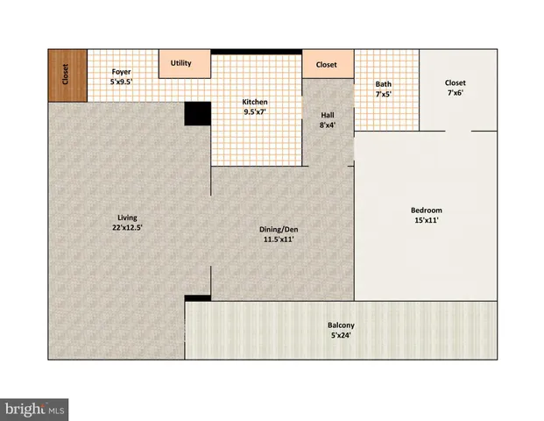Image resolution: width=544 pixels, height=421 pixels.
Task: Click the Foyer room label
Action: point(122,71)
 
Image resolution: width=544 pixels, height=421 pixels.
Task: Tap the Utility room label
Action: point(181,63)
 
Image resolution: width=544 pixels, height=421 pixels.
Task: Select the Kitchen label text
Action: point(255,102)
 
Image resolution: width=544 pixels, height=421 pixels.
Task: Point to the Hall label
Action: point(327,114)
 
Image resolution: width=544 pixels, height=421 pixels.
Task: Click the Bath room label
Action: point(384,84)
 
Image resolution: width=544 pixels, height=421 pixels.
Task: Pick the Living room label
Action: point(128,218)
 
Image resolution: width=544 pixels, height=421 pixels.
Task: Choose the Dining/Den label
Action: point(276,230)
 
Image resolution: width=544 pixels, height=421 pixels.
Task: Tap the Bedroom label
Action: point(427,210)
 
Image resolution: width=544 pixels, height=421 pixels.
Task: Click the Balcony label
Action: point(341,326)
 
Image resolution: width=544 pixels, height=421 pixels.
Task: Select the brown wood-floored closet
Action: point(67,75)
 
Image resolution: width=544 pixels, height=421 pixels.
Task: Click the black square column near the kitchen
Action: point(197,115)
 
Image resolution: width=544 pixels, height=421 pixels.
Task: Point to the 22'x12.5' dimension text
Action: point(128,227)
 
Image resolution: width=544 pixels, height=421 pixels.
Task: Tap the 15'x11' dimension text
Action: point(427,220)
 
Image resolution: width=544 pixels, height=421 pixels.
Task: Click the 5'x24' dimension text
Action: point(341,336)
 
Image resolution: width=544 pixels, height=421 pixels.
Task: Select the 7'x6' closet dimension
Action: point(456,93)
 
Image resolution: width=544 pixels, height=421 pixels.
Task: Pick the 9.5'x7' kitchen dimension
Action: point(255,112)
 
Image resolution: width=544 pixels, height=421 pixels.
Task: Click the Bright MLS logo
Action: point(35,409)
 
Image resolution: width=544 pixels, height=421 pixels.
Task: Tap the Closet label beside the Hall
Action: point(326,64)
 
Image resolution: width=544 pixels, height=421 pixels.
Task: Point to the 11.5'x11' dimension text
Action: point(276,239)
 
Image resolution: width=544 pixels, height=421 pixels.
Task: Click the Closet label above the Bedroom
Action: point(456,82)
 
